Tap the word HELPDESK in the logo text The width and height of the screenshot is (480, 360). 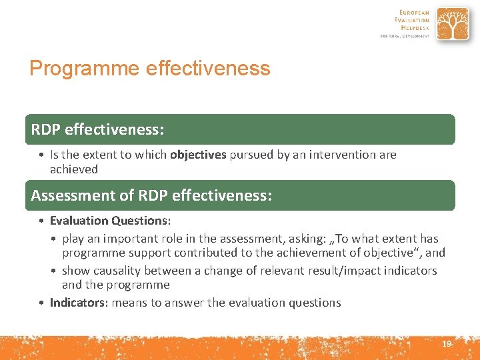(x=415, y=27)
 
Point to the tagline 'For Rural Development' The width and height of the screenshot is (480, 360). (x=405, y=36)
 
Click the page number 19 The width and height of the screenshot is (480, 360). (x=447, y=343)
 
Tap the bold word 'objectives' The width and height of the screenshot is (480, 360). (x=198, y=155)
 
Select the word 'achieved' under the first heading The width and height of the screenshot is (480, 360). (x=73, y=169)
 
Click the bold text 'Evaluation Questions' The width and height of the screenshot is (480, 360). (x=109, y=221)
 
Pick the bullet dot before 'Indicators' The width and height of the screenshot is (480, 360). (x=41, y=303)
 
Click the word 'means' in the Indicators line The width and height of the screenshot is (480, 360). (x=129, y=303)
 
